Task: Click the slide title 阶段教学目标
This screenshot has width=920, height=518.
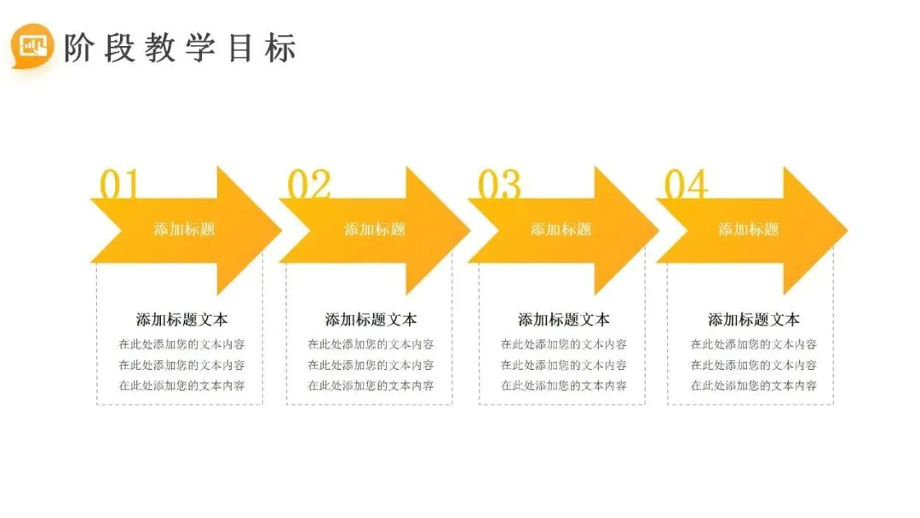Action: (180, 49)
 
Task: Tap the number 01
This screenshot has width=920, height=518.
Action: (118, 185)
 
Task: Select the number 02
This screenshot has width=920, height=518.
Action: (308, 185)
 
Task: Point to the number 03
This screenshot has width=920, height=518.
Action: (498, 185)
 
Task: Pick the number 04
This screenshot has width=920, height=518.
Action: (686, 185)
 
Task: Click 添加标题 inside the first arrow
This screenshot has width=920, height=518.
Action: (184, 229)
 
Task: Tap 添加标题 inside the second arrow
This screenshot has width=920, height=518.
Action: (375, 229)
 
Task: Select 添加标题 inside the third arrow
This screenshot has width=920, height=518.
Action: (561, 229)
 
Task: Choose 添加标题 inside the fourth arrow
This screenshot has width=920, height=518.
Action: (748, 229)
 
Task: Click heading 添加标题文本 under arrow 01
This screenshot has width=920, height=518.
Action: (182, 319)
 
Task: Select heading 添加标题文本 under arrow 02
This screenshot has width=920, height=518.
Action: (371, 319)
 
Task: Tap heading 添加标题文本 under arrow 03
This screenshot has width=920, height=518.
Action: (564, 319)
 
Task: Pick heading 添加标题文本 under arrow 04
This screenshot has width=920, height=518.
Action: (754, 319)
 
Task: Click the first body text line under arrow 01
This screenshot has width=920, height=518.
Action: (182, 344)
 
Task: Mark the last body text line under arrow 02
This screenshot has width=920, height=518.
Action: (371, 385)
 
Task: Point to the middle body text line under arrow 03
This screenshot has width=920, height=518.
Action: (564, 365)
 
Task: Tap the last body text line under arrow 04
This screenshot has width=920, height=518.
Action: (754, 385)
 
